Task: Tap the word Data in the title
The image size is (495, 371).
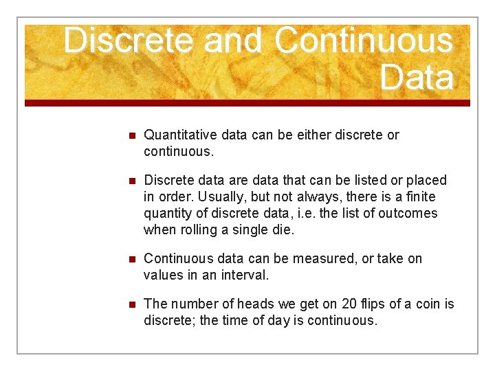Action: coord(417,77)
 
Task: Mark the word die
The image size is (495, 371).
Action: coord(284,229)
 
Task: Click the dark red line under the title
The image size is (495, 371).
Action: coord(247,103)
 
